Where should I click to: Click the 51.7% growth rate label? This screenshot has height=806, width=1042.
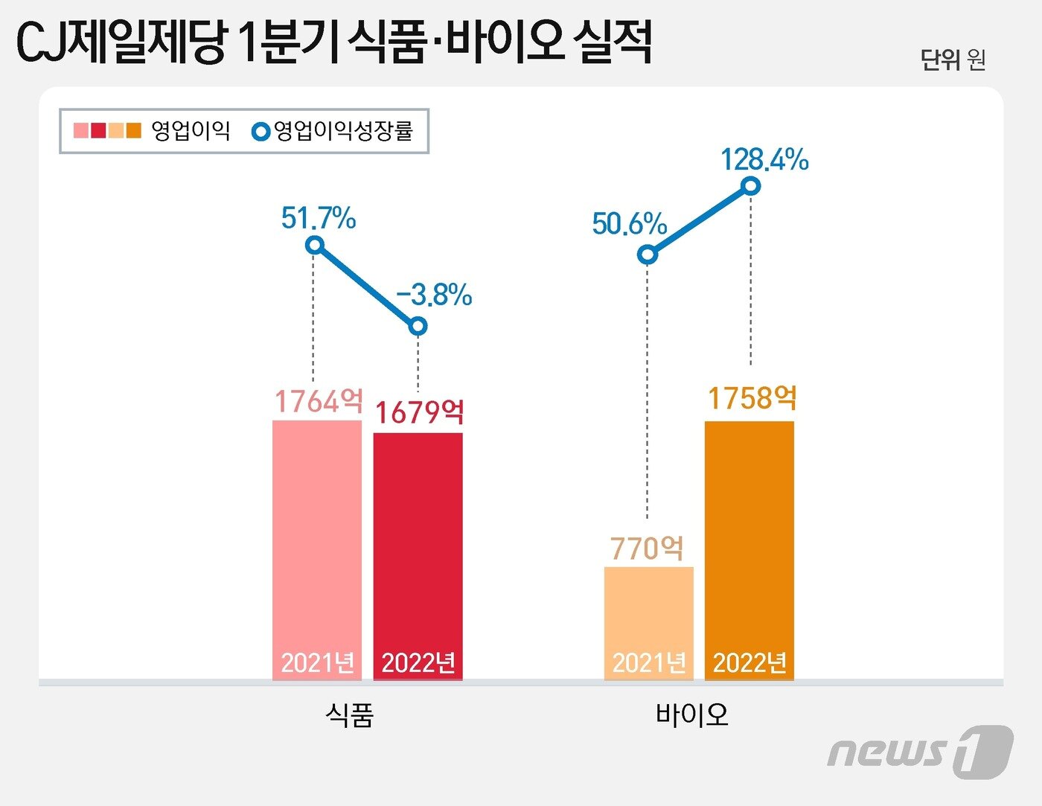tap(319, 218)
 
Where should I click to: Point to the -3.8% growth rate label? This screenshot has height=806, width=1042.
tap(435, 295)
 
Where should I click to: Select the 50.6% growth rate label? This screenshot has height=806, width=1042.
tap(630, 223)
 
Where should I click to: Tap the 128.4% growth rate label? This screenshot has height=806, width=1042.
tap(765, 159)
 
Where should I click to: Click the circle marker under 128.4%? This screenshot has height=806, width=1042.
tap(751, 185)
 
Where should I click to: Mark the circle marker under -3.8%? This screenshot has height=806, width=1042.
tap(418, 326)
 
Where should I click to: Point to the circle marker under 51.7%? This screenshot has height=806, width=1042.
tap(315, 245)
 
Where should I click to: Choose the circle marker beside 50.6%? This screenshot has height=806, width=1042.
tap(648, 255)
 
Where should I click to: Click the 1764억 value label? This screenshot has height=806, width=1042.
tap(319, 401)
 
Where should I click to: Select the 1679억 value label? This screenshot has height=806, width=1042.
tap(419, 412)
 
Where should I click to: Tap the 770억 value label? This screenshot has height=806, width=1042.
tap(647, 548)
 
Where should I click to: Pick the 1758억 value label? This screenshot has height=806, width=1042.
tap(752, 398)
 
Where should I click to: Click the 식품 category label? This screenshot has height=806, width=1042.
tap(349, 715)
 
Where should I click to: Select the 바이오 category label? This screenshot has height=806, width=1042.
tap(691, 715)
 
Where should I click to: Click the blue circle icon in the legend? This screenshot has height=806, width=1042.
tap(261, 132)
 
